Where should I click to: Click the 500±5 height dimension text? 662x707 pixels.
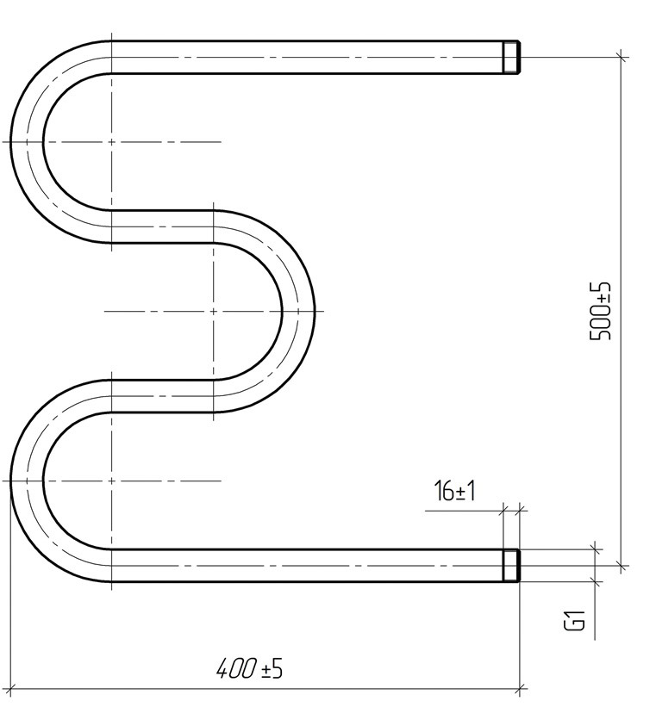(601, 311)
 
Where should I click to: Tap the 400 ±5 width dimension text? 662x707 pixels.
(250, 668)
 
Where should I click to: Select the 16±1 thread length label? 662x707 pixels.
(454, 491)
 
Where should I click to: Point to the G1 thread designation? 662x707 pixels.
(575, 620)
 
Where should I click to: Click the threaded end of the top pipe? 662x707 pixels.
(512, 57)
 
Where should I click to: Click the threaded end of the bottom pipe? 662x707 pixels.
(512, 566)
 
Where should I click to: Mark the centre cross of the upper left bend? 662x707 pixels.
(111, 142)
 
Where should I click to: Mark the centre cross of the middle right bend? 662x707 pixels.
(214, 311)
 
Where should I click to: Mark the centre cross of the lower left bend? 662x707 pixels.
(111, 481)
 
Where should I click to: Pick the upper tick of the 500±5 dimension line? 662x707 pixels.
(622, 57)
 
